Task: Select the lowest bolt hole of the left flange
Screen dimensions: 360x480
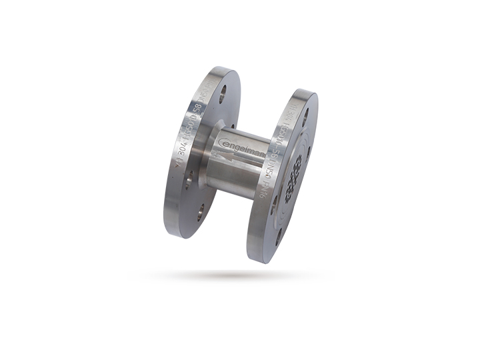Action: pos(200,211)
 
